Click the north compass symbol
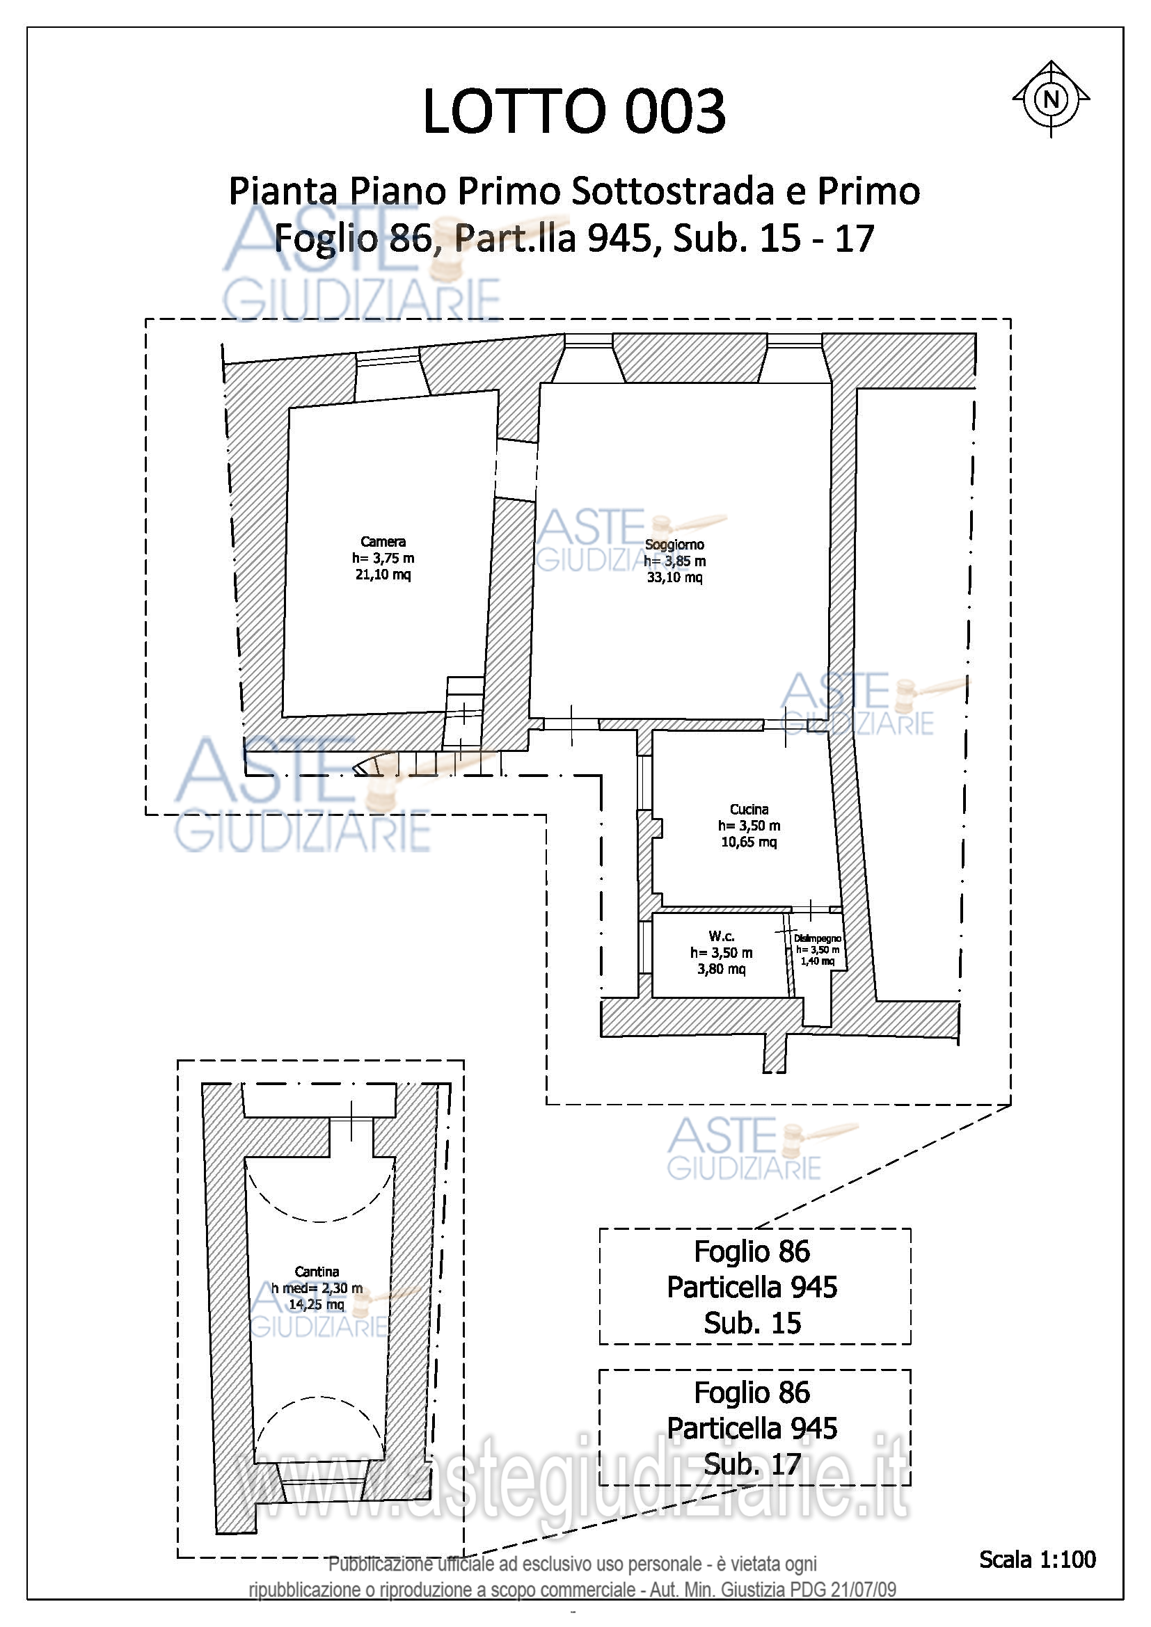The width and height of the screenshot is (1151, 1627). [1050, 99]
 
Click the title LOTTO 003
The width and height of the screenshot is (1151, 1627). [574, 111]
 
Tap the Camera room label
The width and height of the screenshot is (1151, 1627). [383, 542]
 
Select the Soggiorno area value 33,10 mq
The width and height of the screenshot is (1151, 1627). [674, 577]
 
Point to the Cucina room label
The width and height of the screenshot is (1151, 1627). [749, 809]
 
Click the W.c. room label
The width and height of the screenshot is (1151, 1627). [722, 936]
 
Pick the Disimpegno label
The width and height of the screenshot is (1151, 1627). [817, 938]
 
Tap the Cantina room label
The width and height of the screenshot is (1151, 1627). [317, 1272]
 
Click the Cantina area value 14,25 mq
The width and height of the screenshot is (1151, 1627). [316, 1304]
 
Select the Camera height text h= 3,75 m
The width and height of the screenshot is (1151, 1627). [383, 559]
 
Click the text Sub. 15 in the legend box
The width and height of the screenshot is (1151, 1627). [752, 1323]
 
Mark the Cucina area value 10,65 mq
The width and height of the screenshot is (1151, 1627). [749, 842]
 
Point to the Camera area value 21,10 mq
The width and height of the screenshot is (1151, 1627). [383, 575]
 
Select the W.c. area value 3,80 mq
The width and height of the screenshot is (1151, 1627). [722, 969]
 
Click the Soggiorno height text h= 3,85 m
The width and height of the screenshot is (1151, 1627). [674, 561]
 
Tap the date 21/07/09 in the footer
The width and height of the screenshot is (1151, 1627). [863, 1589]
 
